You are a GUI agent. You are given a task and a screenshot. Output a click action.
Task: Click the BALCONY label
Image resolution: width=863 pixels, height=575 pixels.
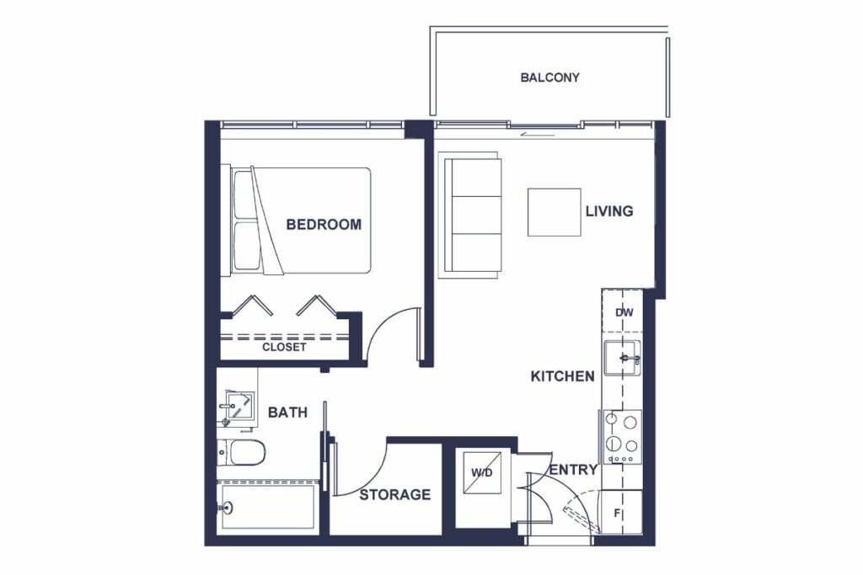click(549, 77)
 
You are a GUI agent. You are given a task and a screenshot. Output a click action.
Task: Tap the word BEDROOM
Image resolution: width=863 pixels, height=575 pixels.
click(324, 224)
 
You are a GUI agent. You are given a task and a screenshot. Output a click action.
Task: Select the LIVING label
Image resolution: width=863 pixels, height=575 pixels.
click(609, 211)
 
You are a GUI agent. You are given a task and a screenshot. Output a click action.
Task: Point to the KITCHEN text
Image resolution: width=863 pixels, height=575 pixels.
click(562, 376)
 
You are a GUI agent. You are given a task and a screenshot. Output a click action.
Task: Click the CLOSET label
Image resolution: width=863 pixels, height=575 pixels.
click(284, 348)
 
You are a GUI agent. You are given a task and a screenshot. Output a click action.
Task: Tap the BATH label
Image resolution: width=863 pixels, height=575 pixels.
click(287, 413)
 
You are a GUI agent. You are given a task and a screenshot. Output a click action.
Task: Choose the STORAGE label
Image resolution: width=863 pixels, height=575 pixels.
click(395, 495)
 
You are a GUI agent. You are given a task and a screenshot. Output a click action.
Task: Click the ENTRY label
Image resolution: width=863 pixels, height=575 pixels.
click(573, 470)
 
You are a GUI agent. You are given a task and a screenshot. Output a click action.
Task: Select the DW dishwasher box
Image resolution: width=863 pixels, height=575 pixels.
click(623, 311)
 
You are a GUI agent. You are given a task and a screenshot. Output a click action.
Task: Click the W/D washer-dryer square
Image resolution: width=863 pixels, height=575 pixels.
click(482, 473)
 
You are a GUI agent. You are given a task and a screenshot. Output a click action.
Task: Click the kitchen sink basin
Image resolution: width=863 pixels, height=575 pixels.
click(623, 359)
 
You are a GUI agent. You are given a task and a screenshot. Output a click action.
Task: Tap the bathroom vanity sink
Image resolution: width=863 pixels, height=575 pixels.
click(239, 407)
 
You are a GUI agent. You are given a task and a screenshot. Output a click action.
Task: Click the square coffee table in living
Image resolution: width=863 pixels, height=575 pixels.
click(555, 212)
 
